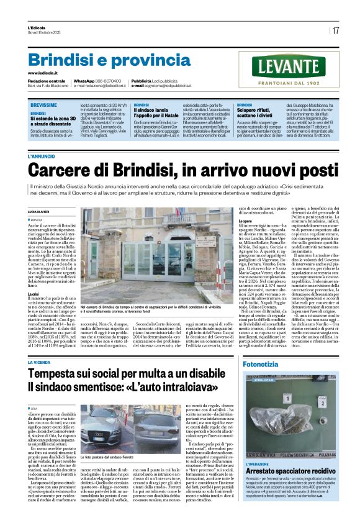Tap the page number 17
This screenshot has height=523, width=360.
point(335,30)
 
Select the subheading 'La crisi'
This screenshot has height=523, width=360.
point(34,293)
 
